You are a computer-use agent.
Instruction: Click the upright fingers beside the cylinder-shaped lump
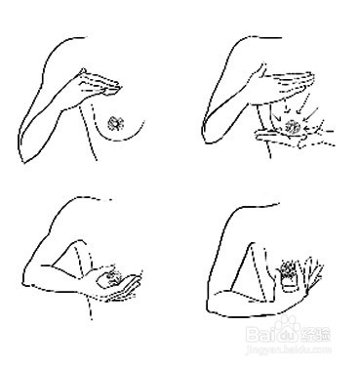tap(311, 271)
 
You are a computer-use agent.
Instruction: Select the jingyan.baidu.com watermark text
tap(299, 353)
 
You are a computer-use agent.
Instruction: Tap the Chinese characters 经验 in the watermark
tap(326, 337)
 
